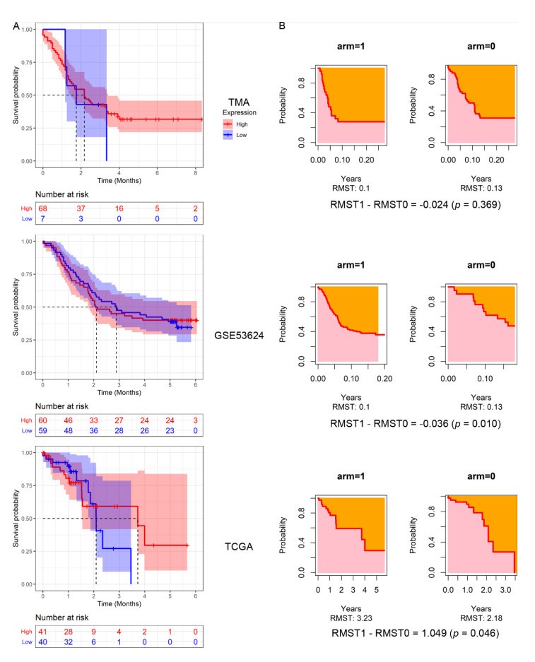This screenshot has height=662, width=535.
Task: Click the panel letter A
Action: coord(16,26)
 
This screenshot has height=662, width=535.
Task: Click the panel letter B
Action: coord(283,26)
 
